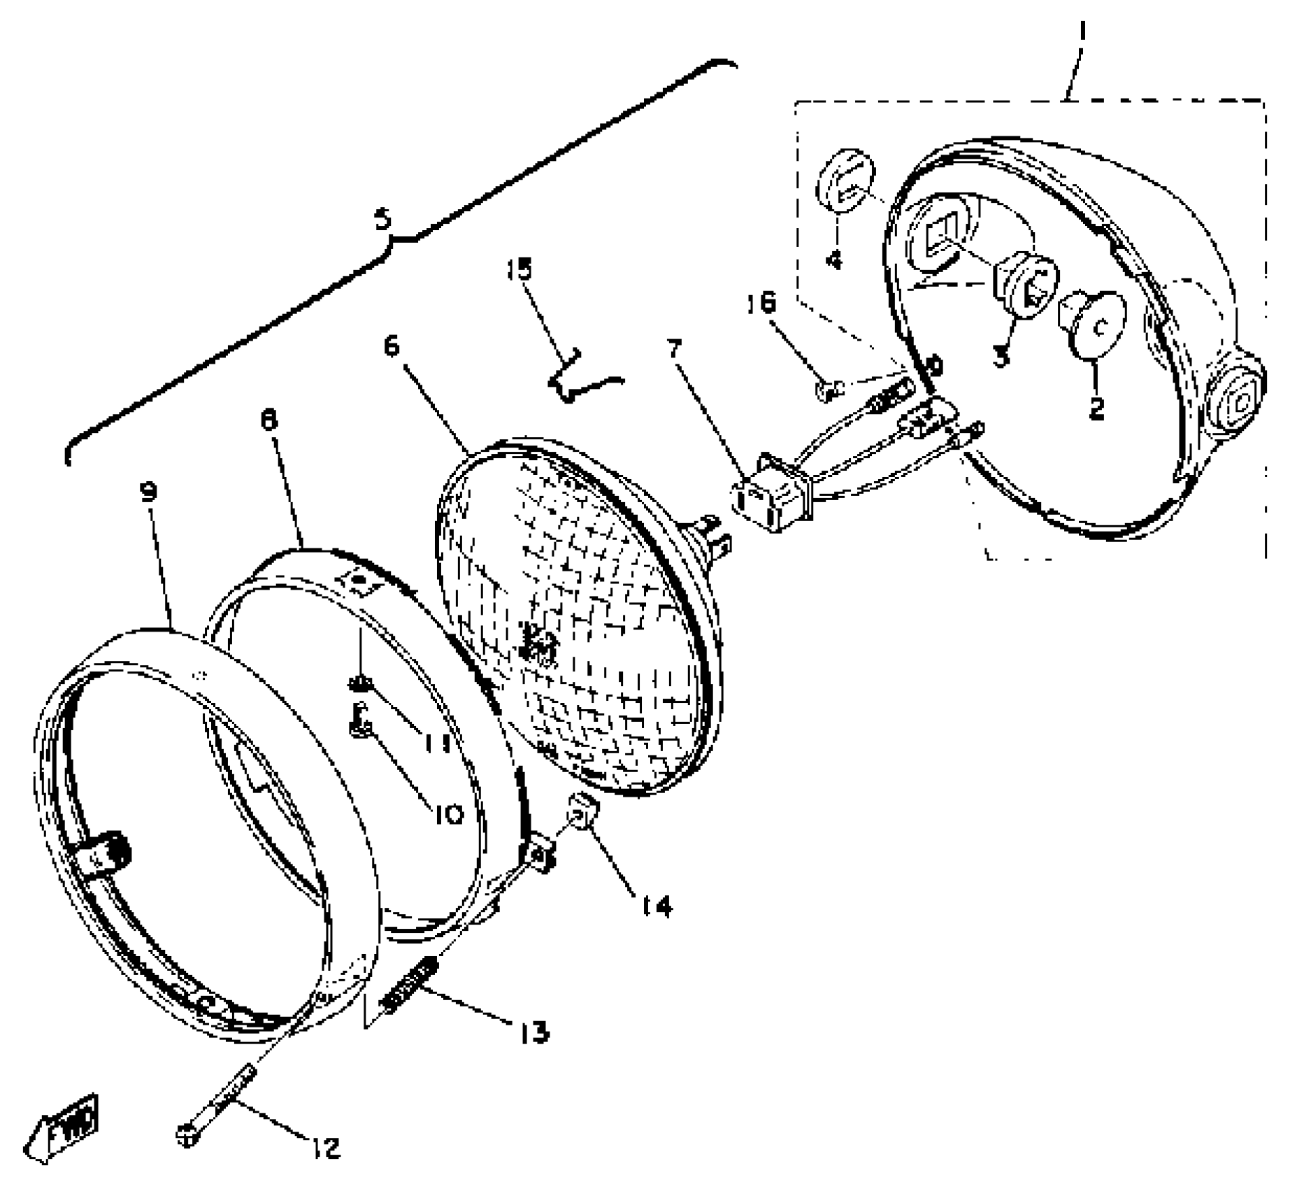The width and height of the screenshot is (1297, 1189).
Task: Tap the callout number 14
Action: tap(656, 906)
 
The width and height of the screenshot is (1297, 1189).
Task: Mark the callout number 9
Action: tap(148, 492)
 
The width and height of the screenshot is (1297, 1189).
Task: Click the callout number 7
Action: tap(673, 349)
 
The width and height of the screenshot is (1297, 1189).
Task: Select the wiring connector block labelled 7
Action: tap(772, 495)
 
